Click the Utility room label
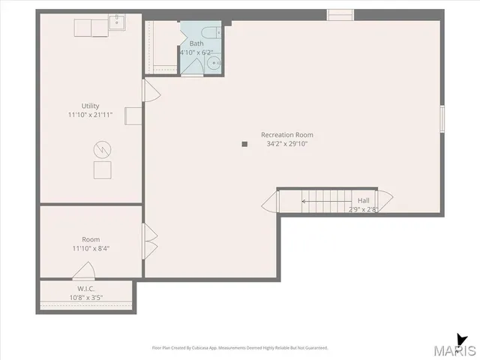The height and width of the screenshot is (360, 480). pos(90,106)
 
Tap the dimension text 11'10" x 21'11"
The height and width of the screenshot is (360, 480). pos(90,115)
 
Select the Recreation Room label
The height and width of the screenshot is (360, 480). pos(287,134)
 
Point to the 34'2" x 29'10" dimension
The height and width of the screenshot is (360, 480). pos(287,143)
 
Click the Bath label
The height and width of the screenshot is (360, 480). pos(196,43)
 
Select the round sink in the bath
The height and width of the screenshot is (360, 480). pos(215,64)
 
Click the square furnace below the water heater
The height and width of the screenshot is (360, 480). pos(101,170)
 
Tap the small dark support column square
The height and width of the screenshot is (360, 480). pos(244,144)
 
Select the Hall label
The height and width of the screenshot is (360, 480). pos(363,200)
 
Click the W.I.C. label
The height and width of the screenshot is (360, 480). pos(85,289)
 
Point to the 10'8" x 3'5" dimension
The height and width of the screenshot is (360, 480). pos(85,298)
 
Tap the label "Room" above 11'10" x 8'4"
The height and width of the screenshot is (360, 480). pos(90,238)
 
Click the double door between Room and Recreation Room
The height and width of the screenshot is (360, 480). pos(149,240)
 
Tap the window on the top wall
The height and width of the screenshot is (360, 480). pos(340,13)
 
